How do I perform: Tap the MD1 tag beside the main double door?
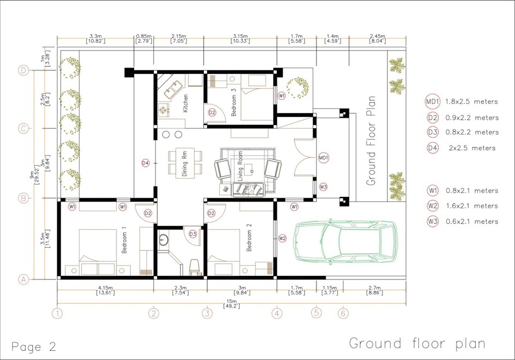[x=323, y=158]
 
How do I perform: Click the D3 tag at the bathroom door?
[x=193, y=234]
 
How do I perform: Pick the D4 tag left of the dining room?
[x=145, y=163]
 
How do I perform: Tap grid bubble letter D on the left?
[x=23, y=70]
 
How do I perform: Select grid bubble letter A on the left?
[x=23, y=279]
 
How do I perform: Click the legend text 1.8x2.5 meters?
[x=472, y=101]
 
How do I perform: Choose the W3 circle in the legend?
[x=432, y=221]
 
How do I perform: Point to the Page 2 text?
[x=33, y=346]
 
